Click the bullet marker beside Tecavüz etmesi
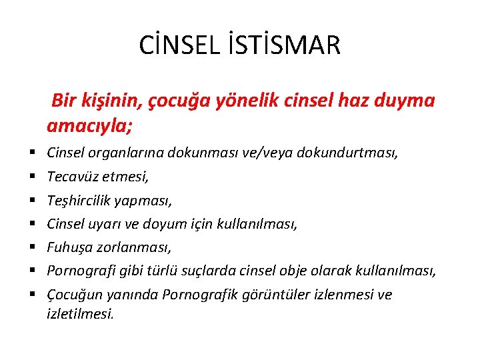coord(32,177)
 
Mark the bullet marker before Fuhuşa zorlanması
coord(32,247)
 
